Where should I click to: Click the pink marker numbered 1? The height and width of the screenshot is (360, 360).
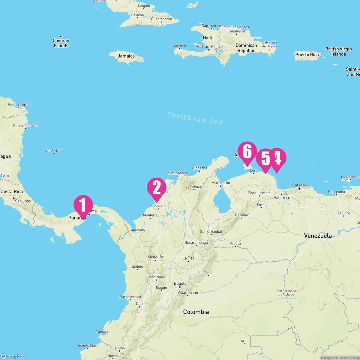pyautogui.click(x=83, y=205)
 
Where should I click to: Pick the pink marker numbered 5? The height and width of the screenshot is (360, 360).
pyautogui.click(x=266, y=159)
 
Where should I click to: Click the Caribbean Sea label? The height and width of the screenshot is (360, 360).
pyautogui.click(x=195, y=118)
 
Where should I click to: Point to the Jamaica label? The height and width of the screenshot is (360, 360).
pyautogui.click(x=126, y=56)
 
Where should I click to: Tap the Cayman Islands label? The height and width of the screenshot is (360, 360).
pyautogui.click(x=61, y=43)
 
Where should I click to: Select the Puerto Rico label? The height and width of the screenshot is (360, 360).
pyautogui.click(x=307, y=55)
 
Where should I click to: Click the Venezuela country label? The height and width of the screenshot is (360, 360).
pyautogui.click(x=318, y=236)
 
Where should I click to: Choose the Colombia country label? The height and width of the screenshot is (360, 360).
pyautogui.click(x=196, y=312)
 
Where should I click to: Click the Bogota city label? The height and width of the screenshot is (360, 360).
pyautogui.click(x=180, y=283)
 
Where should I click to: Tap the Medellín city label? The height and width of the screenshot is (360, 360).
pyautogui.click(x=155, y=257)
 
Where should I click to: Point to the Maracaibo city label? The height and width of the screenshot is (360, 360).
pyautogui.click(x=220, y=183)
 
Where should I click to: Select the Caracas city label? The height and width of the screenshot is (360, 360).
pyautogui.click(x=299, y=185)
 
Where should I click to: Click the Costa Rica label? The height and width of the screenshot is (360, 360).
pyautogui.click(x=12, y=191)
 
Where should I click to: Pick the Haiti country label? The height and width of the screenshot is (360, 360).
pyautogui.click(x=208, y=38)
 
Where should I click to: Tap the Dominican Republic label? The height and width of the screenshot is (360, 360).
pyautogui.click(x=246, y=48)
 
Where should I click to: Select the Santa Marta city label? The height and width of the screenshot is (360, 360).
pyautogui.click(x=178, y=173)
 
